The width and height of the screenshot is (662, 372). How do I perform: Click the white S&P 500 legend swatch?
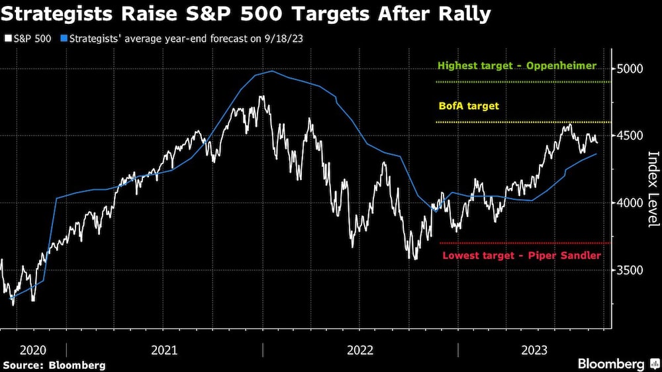[8, 38]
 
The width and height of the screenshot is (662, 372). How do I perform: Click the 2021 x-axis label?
[164, 349]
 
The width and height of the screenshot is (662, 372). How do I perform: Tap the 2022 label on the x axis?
[361, 349]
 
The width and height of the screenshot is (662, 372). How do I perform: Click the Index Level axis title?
[653, 189]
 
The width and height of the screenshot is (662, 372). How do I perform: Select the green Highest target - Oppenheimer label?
[517, 66]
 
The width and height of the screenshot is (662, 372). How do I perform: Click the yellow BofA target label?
[469, 106]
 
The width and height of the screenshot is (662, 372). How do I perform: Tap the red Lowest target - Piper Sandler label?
[522, 255]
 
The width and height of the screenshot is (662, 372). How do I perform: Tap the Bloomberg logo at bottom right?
[617, 364]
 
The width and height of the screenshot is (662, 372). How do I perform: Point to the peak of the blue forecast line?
[273, 71]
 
